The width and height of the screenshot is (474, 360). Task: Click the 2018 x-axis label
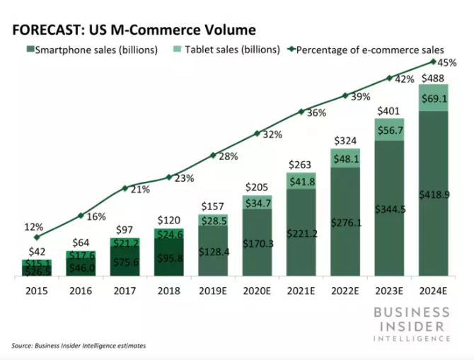[x=168, y=290]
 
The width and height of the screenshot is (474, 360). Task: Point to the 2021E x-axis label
[x=301, y=290]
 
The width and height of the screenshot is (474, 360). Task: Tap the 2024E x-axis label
[x=432, y=290]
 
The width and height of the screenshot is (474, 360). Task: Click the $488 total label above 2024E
[x=432, y=78]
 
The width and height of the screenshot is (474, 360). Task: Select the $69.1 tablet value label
[x=432, y=97]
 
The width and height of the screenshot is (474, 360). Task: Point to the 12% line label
[x=34, y=228]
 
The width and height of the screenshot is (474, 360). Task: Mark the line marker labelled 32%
[x=257, y=132]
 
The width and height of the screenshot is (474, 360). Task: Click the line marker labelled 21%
[x=125, y=188]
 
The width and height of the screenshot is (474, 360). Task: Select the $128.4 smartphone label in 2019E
[x=212, y=252]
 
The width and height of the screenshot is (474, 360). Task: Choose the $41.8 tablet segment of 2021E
[x=301, y=182]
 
